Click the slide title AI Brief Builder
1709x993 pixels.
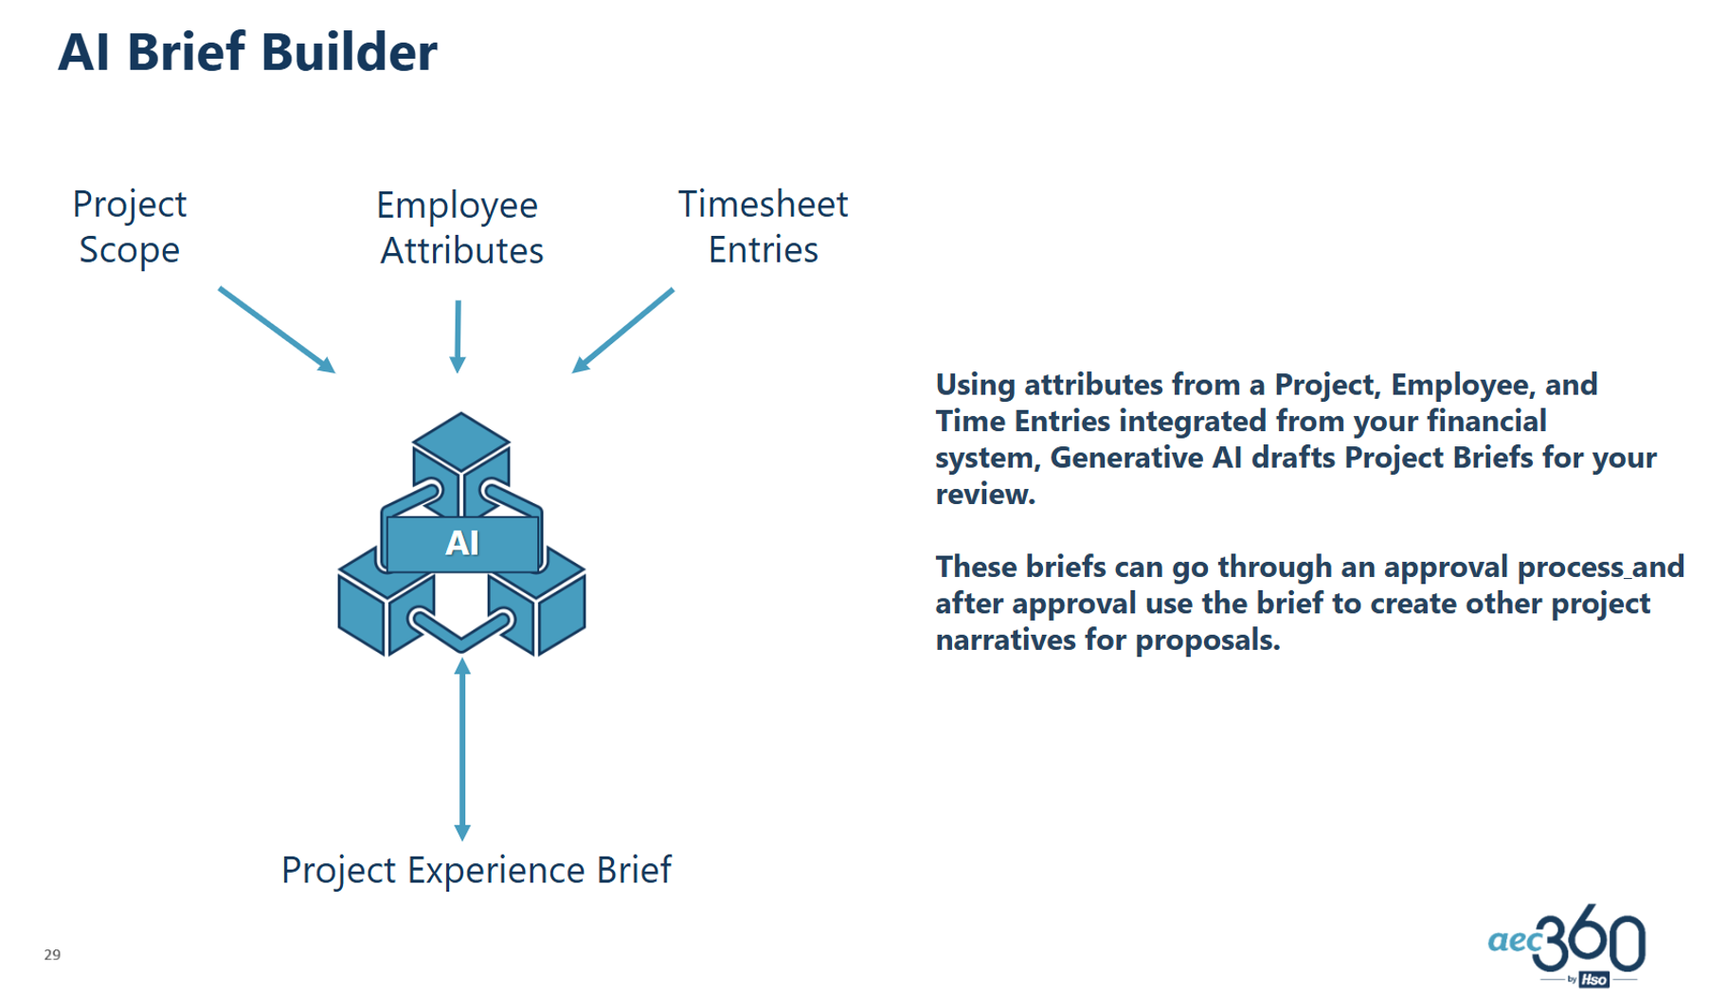(x=247, y=52)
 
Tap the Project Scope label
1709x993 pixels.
(x=130, y=227)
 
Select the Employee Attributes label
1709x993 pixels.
(x=460, y=228)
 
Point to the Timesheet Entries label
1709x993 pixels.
(x=763, y=227)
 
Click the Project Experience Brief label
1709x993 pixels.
(x=476, y=870)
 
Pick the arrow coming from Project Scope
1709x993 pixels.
(x=276, y=330)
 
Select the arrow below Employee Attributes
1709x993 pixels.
(x=459, y=335)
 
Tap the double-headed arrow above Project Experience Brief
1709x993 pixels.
(x=462, y=749)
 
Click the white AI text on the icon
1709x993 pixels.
(x=462, y=543)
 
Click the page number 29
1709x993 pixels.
(x=52, y=954)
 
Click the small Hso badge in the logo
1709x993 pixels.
(x=1593, y=980)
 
